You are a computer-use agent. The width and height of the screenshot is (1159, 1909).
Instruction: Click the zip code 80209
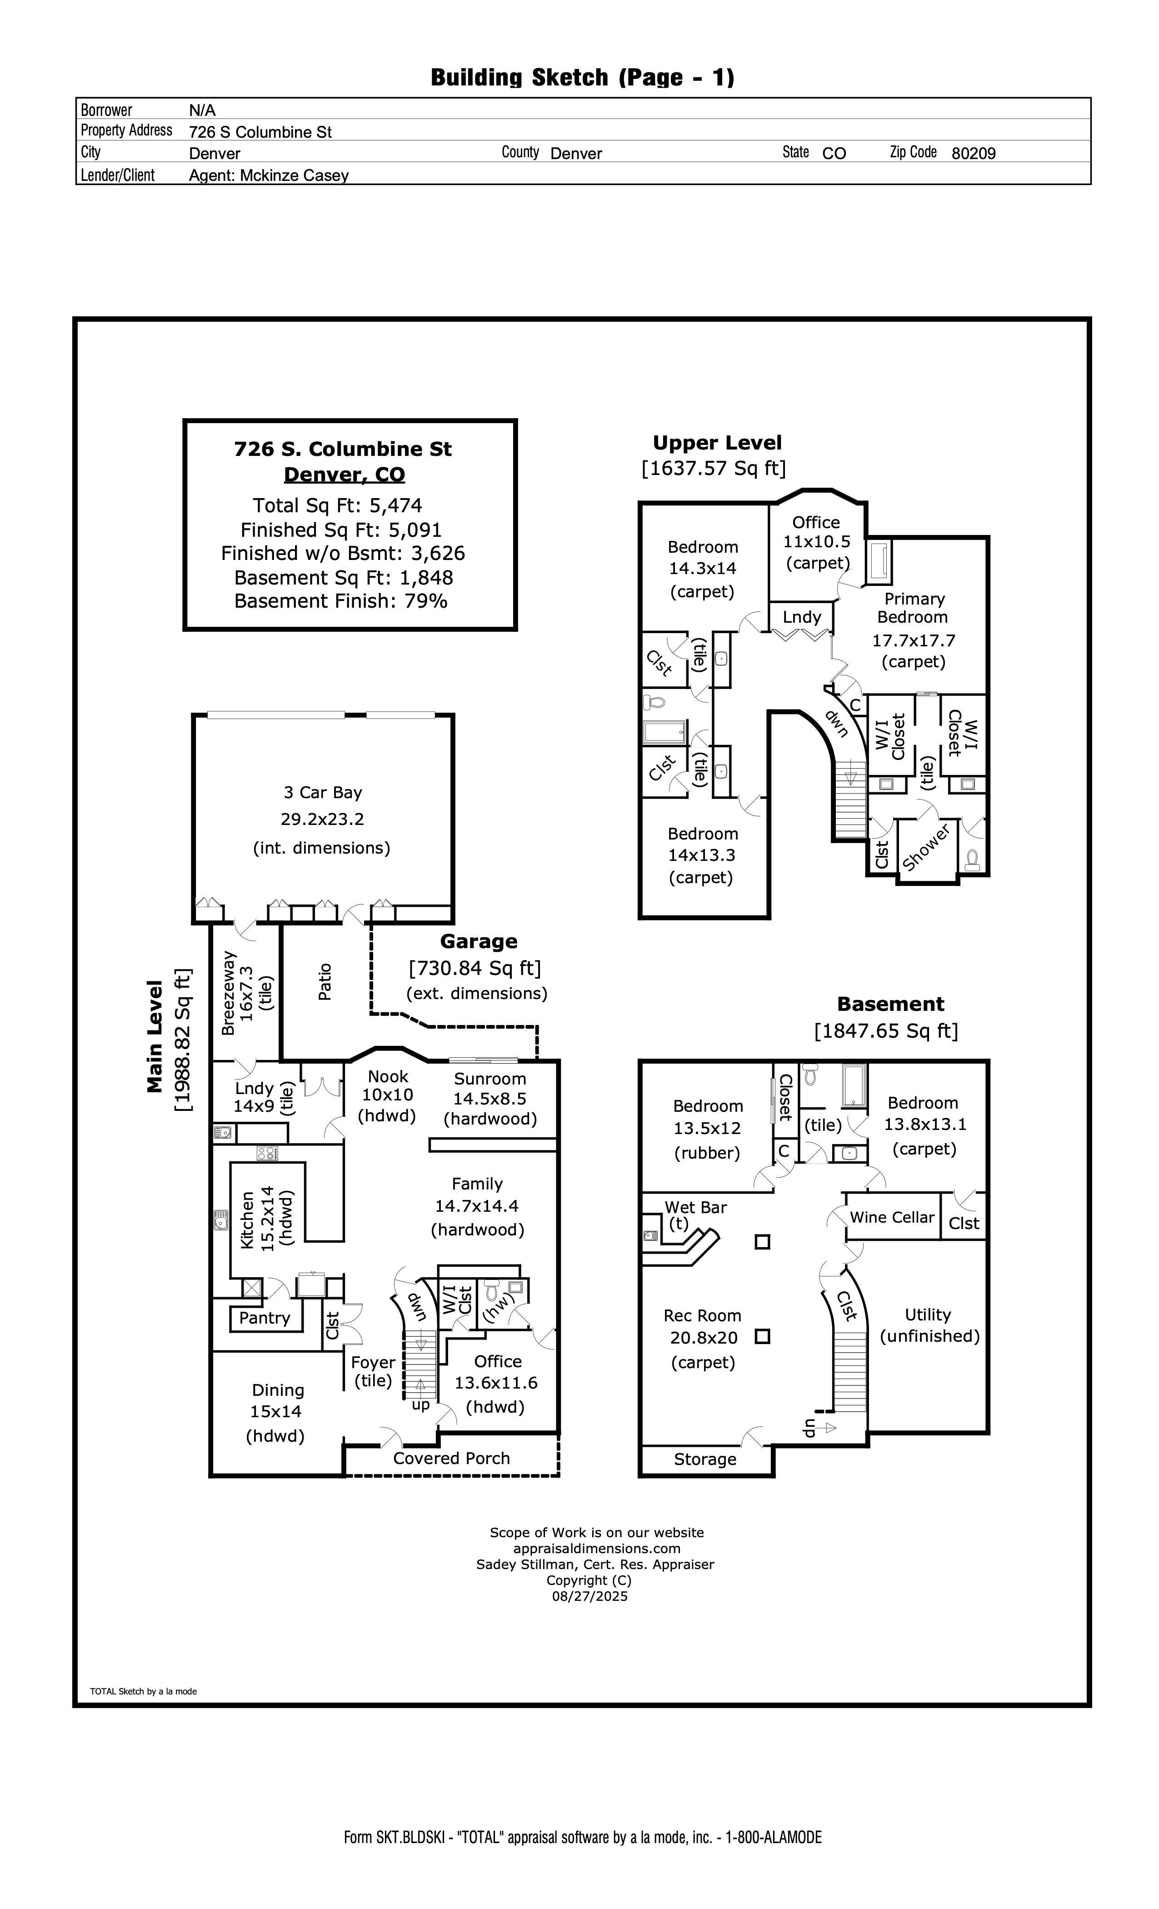coord(973,154)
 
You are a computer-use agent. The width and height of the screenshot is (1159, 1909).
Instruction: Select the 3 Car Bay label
coord(322,793)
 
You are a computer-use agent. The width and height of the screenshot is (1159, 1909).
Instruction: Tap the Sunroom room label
coord(490,1079)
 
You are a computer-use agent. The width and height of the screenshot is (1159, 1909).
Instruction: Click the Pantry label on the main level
coord(264,1318)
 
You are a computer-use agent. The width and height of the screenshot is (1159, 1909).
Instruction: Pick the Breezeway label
coord(229,993)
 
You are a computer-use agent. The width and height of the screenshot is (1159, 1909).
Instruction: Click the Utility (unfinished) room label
coord(929,1325)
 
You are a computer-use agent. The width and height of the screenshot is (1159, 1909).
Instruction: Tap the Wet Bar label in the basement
coord(696,1207)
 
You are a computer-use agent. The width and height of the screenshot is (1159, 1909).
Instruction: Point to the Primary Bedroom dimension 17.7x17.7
coord(914,641)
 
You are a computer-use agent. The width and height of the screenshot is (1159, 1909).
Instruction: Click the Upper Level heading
coord(717,443)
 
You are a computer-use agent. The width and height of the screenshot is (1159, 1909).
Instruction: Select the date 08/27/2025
coord(589,1596)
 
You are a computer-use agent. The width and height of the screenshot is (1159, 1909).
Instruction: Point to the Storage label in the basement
coord(705,1459)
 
